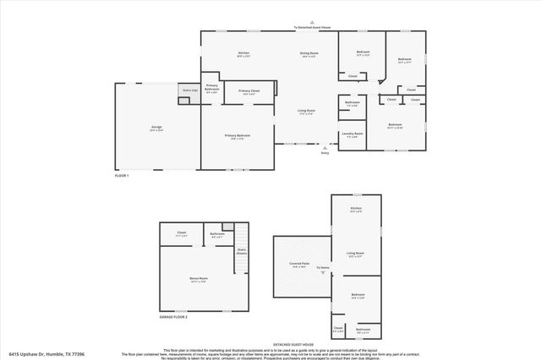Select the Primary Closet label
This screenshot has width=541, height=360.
(249, 91)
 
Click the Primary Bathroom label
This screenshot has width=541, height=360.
(211, 87)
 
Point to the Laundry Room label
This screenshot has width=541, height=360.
(352, 134)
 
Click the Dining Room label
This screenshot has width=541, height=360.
(309, 54)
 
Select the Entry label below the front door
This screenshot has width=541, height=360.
(325, 153)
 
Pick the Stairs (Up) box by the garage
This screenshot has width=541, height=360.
(189, 89)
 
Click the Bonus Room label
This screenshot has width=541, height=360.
(199, 279)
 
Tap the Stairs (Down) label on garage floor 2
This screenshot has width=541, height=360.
(242, 251)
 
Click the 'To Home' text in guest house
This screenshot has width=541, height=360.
(323, 268)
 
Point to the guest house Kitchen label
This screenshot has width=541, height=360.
(357, 209)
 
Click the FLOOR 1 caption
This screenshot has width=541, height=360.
(122, 175)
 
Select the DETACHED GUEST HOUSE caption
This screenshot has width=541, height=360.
(293, 345)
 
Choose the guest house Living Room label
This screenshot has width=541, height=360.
(356, 254)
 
